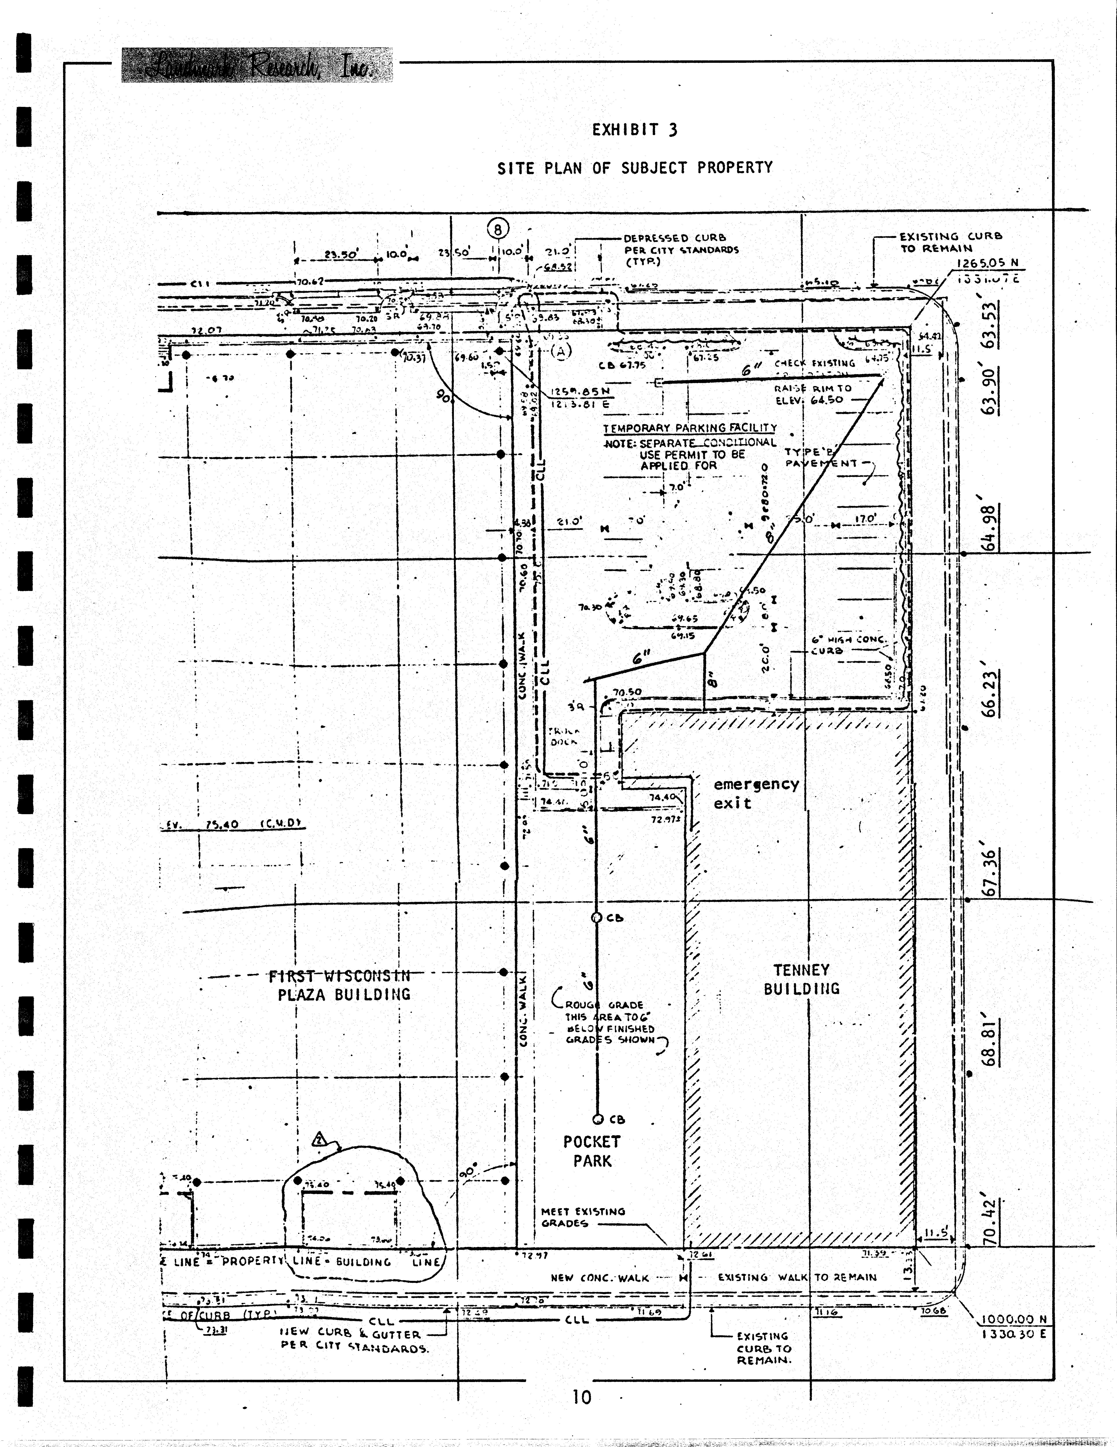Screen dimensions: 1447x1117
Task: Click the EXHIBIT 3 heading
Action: click(x=634, y=130)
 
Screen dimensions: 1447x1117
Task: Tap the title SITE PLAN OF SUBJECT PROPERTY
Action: click(x=634, y=168)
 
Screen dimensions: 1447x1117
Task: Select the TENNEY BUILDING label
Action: click(x=801, y=979)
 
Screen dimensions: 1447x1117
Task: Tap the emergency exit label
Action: click(x=755, y=793)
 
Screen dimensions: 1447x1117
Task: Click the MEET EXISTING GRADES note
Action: click(x=583, y=1217)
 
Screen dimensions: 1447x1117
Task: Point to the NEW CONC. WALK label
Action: click(x=599, y=1277)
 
